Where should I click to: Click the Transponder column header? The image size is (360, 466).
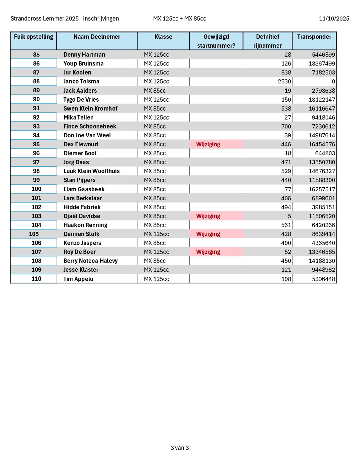tap(314, 37)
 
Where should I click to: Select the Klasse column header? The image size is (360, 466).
tap(163, 37)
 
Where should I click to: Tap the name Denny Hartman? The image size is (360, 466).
tap(84, 55)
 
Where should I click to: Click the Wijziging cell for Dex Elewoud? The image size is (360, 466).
tap(208, 144)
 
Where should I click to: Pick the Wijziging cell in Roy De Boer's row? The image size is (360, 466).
tap(208, 252)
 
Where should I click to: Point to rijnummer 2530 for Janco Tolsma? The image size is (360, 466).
tap(284, 81)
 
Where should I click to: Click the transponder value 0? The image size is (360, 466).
tap(333, 81)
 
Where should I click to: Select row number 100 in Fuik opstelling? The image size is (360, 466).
tap(36, 189)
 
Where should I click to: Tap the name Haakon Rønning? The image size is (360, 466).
tap(85, 225)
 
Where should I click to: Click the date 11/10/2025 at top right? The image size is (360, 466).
tap(334, 19)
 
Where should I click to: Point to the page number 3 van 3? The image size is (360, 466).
tap(180, 448)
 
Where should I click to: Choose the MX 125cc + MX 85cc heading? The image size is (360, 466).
tap(180, 19)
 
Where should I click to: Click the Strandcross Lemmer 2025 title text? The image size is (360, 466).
tap(65, 19)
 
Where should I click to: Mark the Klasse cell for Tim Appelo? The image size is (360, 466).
tap(157, 279)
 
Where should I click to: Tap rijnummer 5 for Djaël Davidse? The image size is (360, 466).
tap(289, 216)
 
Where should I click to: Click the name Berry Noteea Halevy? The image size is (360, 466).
tap(91, 261)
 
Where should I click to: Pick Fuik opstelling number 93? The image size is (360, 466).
tap(36, 126)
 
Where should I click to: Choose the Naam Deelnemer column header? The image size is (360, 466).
tap(97, 37)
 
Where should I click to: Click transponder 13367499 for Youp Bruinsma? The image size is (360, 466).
tap(322, 64)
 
